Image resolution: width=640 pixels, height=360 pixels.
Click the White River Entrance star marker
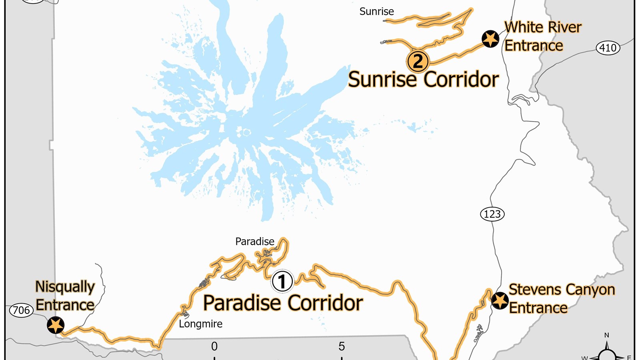[490, 39]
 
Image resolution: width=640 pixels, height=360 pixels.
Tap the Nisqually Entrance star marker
[56, 325]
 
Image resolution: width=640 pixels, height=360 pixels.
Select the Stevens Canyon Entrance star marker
[500, 300]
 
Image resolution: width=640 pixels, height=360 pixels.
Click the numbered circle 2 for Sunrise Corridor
[418, 62]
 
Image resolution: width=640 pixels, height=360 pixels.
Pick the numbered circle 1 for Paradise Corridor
[282, 281]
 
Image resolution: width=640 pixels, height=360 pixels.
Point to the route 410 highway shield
[608, 48]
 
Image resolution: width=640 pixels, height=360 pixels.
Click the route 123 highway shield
[492, 214]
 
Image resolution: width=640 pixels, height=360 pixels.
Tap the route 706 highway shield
[21, 310]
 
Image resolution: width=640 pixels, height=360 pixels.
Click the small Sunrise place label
[376, 12]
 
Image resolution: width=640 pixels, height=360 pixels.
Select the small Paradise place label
[255, 242]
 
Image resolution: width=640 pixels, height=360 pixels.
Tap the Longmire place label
[200, 324]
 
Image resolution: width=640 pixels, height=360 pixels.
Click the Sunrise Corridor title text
[423, 80]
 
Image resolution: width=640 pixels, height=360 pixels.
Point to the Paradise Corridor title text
[283, 303]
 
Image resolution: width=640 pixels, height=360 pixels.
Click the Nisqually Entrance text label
[65, 296]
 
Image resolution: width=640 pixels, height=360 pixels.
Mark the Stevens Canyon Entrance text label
[561, 299]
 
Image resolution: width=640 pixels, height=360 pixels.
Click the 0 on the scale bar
[214, 346]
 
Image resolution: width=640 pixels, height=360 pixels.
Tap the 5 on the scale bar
[342, 346]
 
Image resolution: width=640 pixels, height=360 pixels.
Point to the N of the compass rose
[606, 335]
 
